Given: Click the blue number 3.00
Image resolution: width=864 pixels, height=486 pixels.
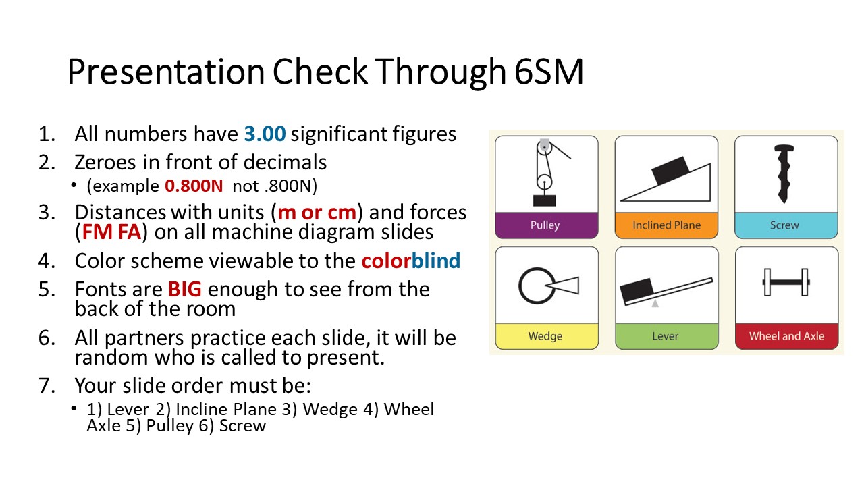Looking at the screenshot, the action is [265, 134].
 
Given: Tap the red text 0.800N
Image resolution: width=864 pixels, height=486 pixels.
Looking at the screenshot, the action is [194, 186].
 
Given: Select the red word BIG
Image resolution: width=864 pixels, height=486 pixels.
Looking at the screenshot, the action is [185, 290].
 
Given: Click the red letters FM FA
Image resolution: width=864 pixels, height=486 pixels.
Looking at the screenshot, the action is [111, 232].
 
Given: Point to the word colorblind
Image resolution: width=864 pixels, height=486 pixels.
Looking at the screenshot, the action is [411, 261].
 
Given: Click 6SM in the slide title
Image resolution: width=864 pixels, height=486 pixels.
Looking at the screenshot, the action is [549, 72].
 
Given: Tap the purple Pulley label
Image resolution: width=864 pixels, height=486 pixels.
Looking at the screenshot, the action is [545, 225].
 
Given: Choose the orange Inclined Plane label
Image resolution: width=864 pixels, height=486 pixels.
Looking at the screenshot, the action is [666, 225].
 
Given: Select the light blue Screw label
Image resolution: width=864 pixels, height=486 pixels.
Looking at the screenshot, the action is [784, 225].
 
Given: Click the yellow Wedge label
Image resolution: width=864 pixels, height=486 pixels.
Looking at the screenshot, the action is [545, 336].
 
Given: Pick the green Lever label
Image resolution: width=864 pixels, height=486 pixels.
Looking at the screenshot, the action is [666, 336].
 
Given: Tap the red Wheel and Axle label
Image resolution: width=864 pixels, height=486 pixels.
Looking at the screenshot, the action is [787, 336].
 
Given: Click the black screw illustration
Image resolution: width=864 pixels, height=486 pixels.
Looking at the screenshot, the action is [784, 173].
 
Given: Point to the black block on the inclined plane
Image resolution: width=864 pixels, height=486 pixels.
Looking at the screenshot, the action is [670, 170].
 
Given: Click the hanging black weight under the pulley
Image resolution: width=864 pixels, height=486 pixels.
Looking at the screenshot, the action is [544, 200].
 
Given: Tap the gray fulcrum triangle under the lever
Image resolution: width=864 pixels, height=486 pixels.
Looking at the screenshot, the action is [655, 304].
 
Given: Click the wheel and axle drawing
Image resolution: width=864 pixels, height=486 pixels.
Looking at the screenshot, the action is [786, 282].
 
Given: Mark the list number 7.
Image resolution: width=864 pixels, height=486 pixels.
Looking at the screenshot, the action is [47, 385].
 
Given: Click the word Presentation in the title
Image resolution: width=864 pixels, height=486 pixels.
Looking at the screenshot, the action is [166, 72].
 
